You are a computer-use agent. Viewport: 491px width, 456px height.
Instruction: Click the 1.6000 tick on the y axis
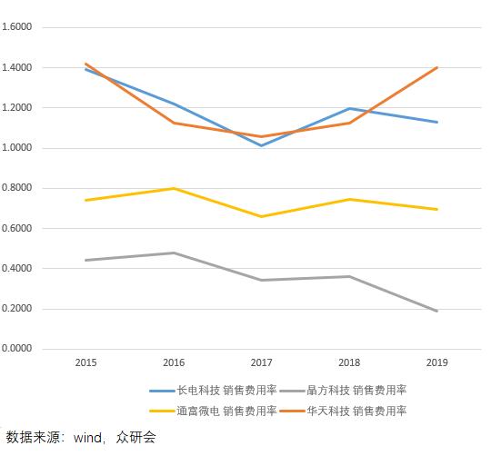[18, 27]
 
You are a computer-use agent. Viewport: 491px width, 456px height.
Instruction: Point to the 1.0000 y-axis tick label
[18, 148]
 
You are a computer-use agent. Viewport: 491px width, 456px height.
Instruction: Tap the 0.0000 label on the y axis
[18, 349]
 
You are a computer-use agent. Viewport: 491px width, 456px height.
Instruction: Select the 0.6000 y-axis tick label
[18, 228]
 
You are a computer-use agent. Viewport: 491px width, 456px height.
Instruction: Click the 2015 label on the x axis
[86, 362]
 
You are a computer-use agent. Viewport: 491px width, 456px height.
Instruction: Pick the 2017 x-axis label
[261, 362]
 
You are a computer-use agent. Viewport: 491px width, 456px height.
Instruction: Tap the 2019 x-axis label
[438, 362]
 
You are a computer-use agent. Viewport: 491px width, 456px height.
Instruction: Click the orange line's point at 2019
[438, 67]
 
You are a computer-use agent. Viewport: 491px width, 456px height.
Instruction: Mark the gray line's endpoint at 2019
[438, 311]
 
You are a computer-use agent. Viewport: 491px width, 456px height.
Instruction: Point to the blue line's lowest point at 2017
[262, 145]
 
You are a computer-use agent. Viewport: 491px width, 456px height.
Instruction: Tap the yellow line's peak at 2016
[174, 188]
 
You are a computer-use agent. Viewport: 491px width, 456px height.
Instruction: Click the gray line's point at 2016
[174, 253]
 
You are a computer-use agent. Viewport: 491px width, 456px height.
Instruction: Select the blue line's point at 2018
[350, 108]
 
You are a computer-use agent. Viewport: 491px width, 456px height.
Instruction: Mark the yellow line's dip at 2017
[262, 216]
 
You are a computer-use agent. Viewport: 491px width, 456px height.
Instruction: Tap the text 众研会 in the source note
[135, 437]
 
